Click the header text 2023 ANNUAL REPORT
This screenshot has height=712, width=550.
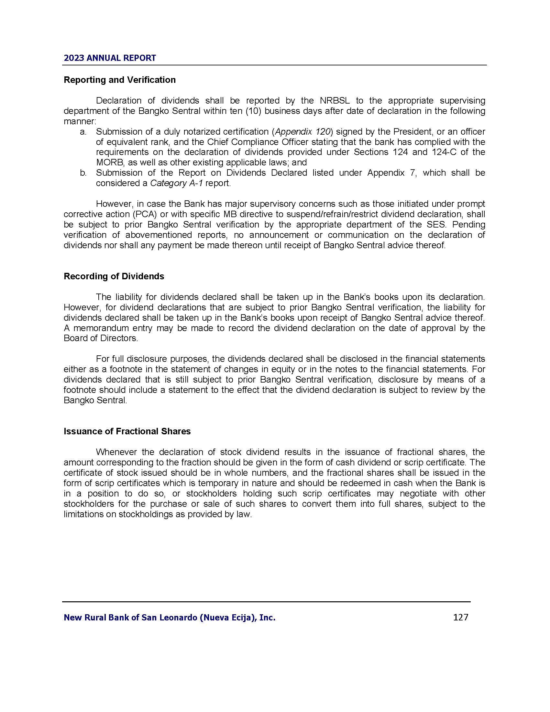click(110, 58)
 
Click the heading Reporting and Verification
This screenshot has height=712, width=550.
click(120, 80)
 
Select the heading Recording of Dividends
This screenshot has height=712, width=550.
click(114, 276)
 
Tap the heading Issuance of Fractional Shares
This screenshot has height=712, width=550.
click(127, 431)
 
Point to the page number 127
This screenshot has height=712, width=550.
click(460, 617)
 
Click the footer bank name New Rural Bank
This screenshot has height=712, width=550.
click(170, 617)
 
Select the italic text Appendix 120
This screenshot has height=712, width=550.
click(303, 132)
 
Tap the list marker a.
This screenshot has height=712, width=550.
click(83, 132)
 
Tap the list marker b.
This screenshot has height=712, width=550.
click(83, 173)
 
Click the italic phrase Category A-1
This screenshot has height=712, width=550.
click(176, 183)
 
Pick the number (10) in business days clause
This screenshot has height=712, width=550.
click(254, 111)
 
